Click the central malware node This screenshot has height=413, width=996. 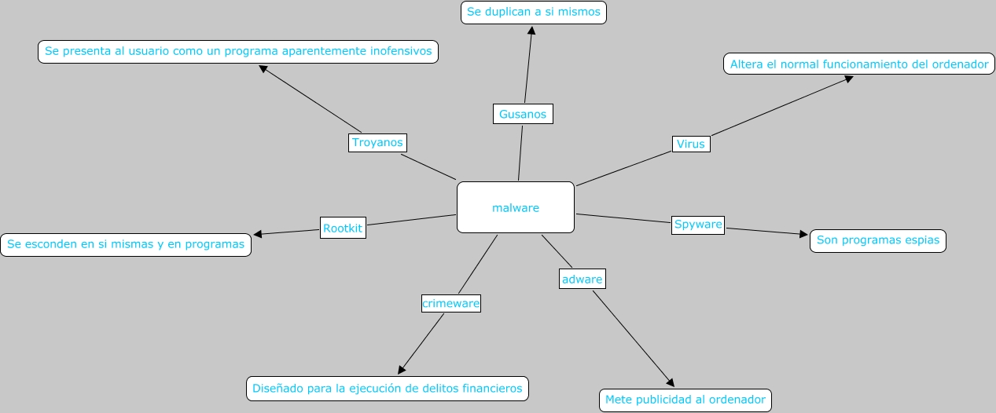point(516,207)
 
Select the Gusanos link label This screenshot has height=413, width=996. point(523,114)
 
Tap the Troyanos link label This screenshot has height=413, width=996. point(377,143)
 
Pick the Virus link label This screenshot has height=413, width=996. point(691,144)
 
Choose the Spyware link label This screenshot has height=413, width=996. point(698,225)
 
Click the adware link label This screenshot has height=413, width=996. point(583,279)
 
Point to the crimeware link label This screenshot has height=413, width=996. point(451,303)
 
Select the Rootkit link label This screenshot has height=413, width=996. point(343,228)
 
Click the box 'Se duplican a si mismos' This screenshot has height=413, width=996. point(533,13)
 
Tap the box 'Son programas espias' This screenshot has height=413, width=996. point(877,240)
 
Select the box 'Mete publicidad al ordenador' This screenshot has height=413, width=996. point(685,400)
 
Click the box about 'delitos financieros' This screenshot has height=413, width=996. point(387,388)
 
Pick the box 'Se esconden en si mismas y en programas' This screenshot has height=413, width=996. point(126,244)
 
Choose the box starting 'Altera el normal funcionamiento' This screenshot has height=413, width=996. point(858,64)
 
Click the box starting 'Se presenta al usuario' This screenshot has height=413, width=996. point(238,52)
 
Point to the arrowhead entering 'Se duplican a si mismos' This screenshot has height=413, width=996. point(532,30)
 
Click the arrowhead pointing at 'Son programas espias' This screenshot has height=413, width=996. point(803,234)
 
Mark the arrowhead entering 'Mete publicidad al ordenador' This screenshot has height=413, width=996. point(671,383)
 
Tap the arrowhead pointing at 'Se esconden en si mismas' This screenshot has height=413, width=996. point(258,234)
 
